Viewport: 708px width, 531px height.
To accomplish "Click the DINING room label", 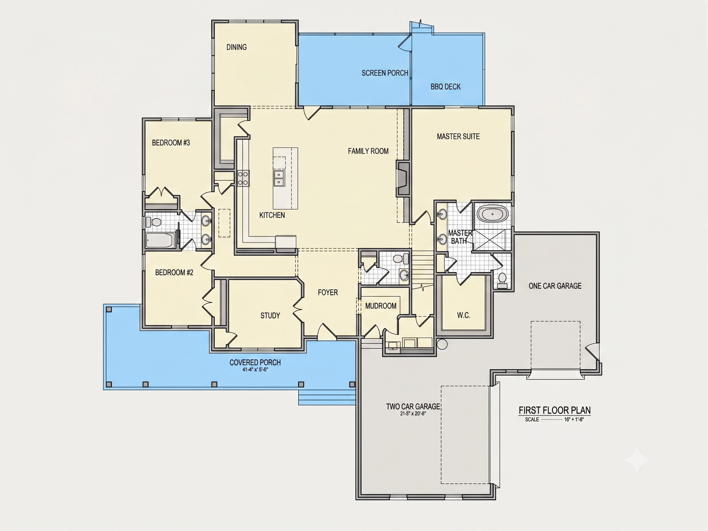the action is pyautogui.click(x=236, y=47).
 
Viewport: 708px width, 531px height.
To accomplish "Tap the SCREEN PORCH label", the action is pyautogui.click(x=385, y=73).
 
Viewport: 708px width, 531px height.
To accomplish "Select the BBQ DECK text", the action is pyautogui.click(x=445, y=87).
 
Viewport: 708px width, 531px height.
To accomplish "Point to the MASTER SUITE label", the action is pyautogui.click(x=458, y=136).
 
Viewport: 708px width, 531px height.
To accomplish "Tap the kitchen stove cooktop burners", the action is pyautogui.click(x=243, y=179).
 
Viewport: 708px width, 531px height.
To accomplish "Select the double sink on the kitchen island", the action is pyautogui.click(x=279, y=178).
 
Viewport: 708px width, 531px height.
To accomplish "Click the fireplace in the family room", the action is pyautogui.click(x=403, y=178).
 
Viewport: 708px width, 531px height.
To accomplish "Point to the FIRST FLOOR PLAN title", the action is pyautogui.click(x=555, y=410).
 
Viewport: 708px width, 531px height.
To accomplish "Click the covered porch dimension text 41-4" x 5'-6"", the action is pyautogui.click(x=255, y=370).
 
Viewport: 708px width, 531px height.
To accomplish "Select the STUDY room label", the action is pyautogui.click(x=270, y=316).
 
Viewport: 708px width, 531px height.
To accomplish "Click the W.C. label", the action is pyautogui.click(x=464, y=315).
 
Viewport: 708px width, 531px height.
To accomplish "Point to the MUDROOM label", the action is pyautogui.click(x=381, y=306).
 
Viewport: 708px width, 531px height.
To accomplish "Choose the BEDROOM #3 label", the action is pyautogui.click(x=171, y=143).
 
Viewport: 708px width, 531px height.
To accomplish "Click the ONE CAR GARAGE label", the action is pyautogui.click(x=555, y=286).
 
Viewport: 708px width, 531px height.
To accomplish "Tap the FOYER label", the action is pyautogui.click(x=328, y=292).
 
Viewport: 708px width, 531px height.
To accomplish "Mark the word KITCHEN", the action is pyautogui.click(x=272, y=215).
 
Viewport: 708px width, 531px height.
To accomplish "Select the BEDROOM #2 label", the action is pyautogui.click(x=174, y=272).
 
